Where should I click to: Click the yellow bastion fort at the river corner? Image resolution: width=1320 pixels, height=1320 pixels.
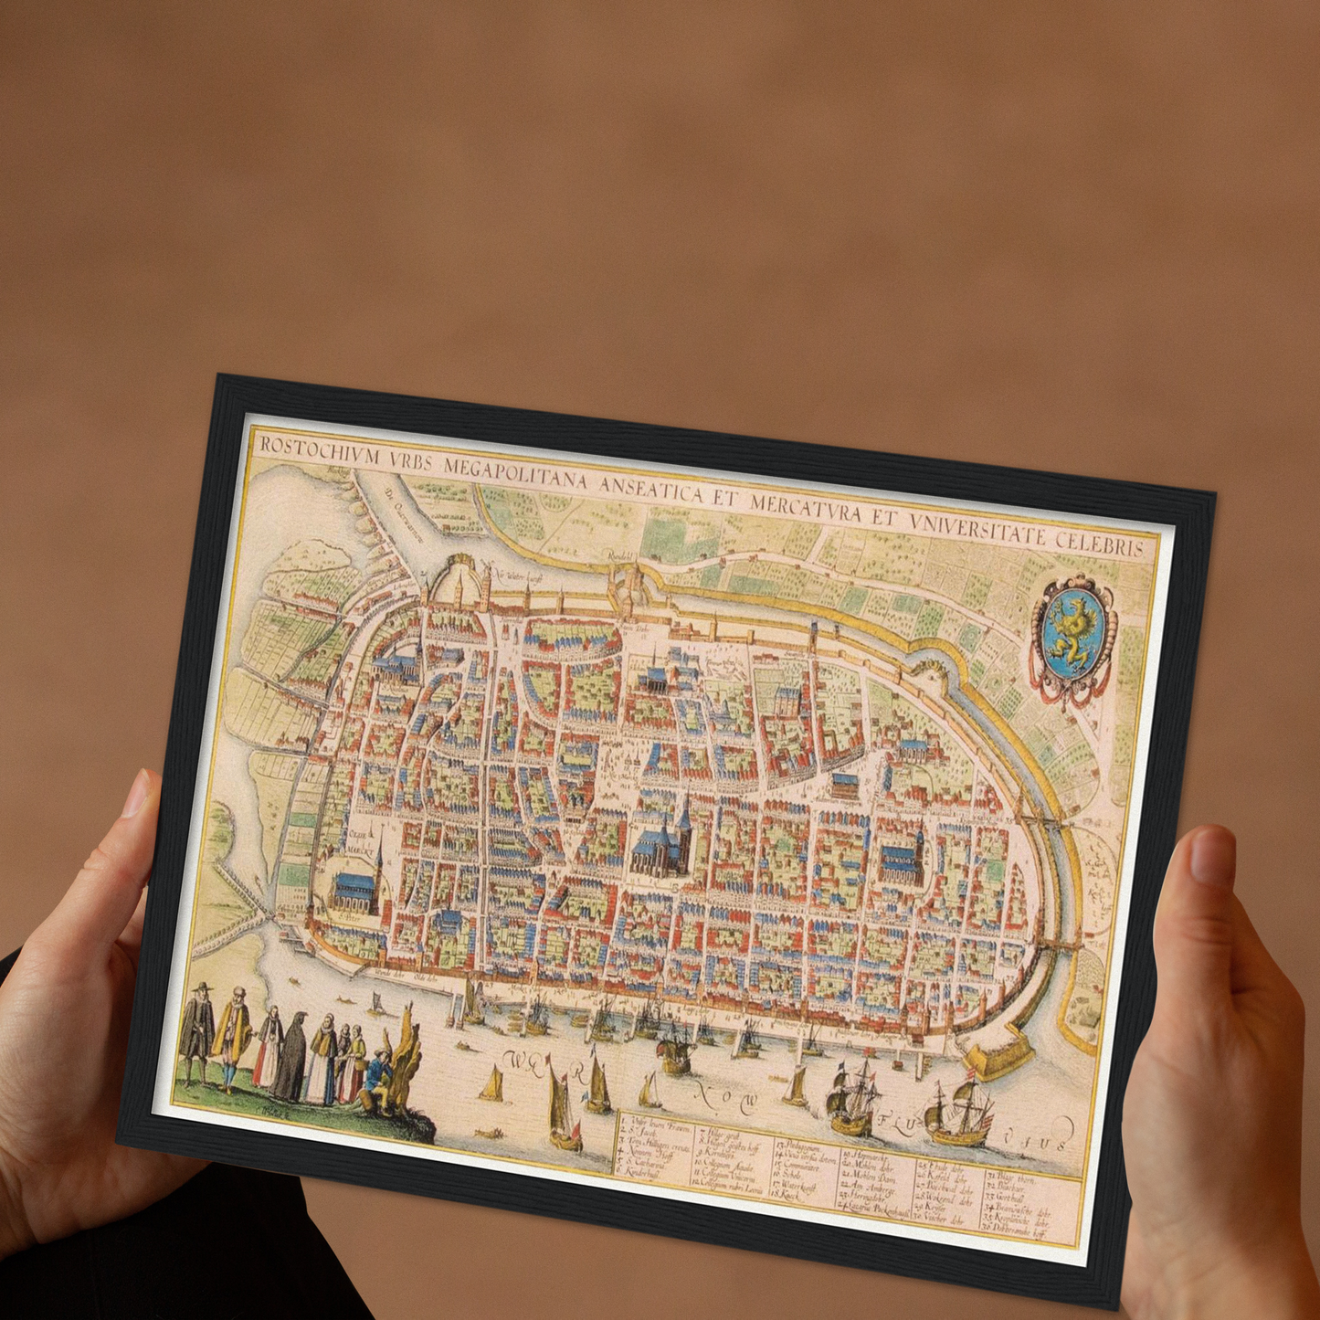tap(999, 1057)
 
